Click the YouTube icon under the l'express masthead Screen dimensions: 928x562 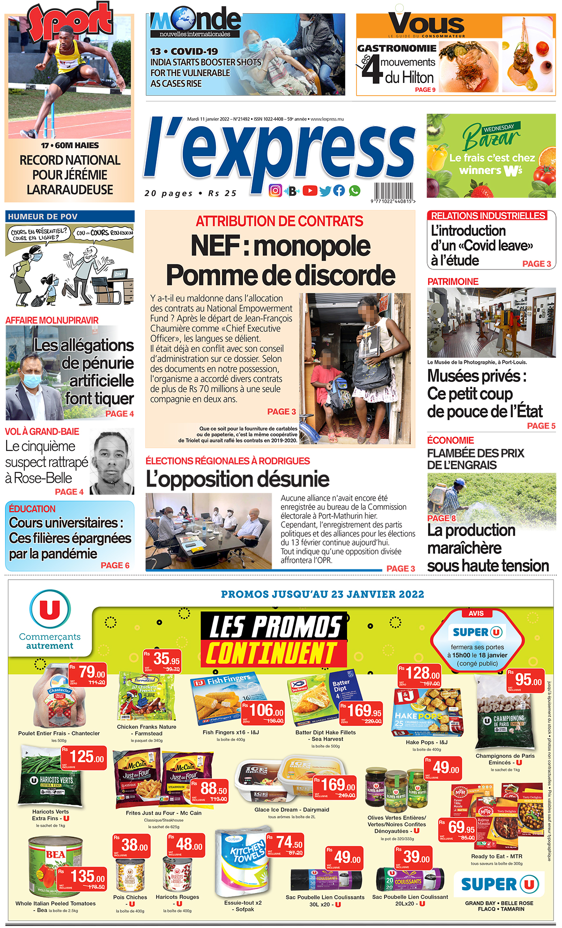pyautogui.click(x=310, y=191)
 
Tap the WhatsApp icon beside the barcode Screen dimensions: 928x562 pyautogui.click(x=355, y=191)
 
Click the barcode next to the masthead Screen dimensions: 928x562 pyautogui.click(x=393, y=192)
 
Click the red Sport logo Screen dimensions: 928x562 pyautogui.click(x=70, y=21)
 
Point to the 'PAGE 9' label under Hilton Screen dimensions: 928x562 pyautogui.click(x=425, y=90)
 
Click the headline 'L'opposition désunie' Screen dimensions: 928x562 pyautogui.click(x=237, y=479)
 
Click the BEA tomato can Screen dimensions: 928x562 pyautogui.click(x=55, y=867)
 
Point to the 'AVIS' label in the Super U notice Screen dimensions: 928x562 pyautogui.click(x=476, y=614)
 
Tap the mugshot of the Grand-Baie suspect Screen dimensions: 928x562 pyautogui.click(x=112, y=462)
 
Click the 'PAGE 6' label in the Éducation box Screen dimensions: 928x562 pyautogui.click(x=115, y=565)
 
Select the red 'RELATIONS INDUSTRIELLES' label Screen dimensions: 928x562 pyautogui.click(x=488, y=216)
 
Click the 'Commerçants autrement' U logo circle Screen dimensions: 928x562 pyautogui.click(x=50, y=610)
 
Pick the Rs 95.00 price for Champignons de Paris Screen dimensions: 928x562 pyautogui.click(x=525, y=679)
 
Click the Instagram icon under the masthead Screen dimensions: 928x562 pyautogui.click(x=275, y=191)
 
